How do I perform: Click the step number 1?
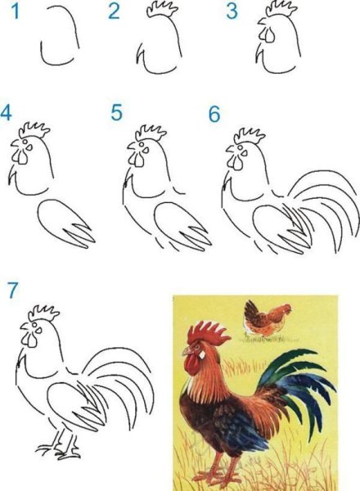pyautogui.click(x=11, y=11)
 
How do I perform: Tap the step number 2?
pyautogui.click(x=114, y=11)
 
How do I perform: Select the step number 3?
pyautogui.click(x=232, y=11)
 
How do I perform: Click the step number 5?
pyautogui.click(x=117, y=112)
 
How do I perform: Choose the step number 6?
pyautogui.click(x=214, y=114)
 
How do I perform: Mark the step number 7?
pyautogui.click(x=11, y=290)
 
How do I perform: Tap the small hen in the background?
pyautogui.click(x=266, y=318)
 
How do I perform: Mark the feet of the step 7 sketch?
pyautogui.click(x=59, y=448)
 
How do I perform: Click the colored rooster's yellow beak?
pyautogui.click(x=186, y=355)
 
